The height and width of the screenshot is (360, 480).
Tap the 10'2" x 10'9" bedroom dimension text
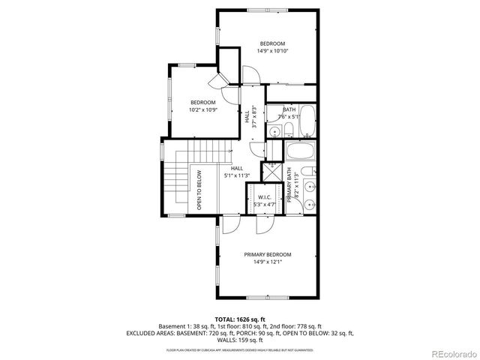202,110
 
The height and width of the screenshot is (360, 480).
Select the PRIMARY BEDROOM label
268,254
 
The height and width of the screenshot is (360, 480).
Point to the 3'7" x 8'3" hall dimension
255,117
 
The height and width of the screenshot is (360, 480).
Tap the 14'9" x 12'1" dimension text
268,262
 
